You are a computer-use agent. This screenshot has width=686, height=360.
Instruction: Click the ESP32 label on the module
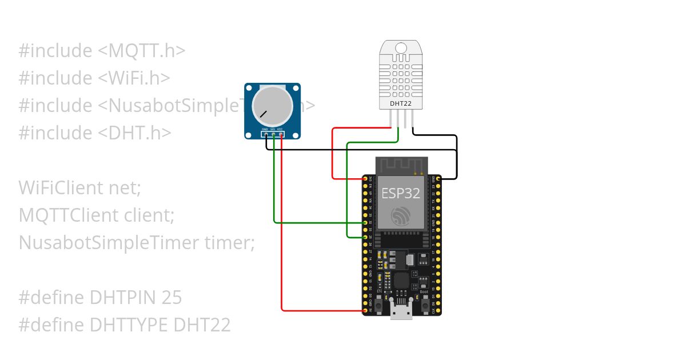[x=401, y=193]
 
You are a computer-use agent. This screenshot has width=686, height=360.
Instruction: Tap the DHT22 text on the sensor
[x=401, y=104]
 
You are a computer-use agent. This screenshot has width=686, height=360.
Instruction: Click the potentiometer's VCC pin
[x=281, y=134]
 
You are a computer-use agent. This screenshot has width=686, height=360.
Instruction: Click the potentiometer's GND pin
[x=265, y=134]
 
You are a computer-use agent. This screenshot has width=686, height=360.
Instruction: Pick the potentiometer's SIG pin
[x=273, y=134]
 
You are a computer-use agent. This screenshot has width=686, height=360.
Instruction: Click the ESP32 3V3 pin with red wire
[x=366, y=179]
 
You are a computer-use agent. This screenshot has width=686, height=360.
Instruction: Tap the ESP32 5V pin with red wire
[x=366, y=311]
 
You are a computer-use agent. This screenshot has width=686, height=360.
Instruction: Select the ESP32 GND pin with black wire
[x=437, y=179]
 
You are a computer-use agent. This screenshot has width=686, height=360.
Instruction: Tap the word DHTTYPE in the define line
[x=129, y=325]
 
